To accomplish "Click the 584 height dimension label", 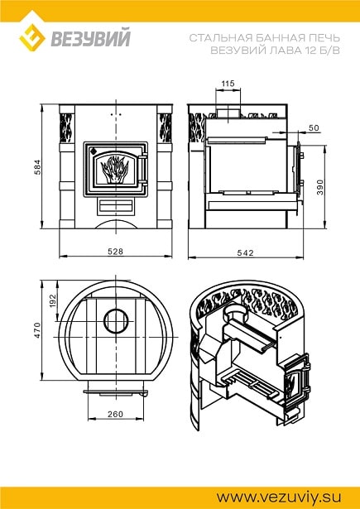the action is [x=38, y=167].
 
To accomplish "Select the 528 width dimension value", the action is [x=116, y=252].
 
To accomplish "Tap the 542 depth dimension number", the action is [x=246, y=253].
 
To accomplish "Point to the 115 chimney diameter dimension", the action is [x=228, y=84].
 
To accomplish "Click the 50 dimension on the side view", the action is [x=314, y=128].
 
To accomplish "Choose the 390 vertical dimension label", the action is [x=321, y=187].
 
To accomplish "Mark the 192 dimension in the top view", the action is [x=53, y=300].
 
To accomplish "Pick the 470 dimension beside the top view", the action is [x=38, y=330].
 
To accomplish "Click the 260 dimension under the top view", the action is [x=116, y=414].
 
